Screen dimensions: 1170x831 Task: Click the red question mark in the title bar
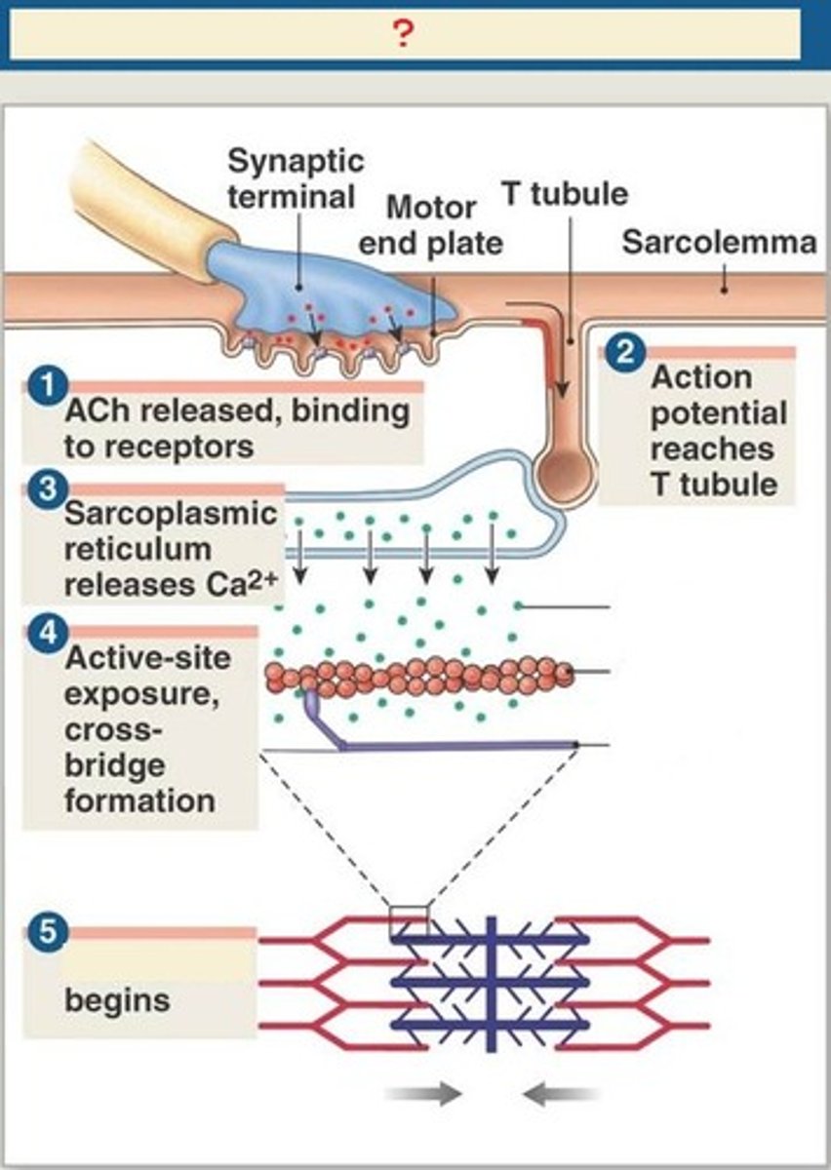404,35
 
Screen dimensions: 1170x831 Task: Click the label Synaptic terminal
295,178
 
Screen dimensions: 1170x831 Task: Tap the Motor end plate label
430,225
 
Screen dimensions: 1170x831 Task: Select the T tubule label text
564,193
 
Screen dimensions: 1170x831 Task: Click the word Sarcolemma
718,243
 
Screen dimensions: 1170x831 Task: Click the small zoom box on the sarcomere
409,919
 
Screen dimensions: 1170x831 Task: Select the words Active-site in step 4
148,658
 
